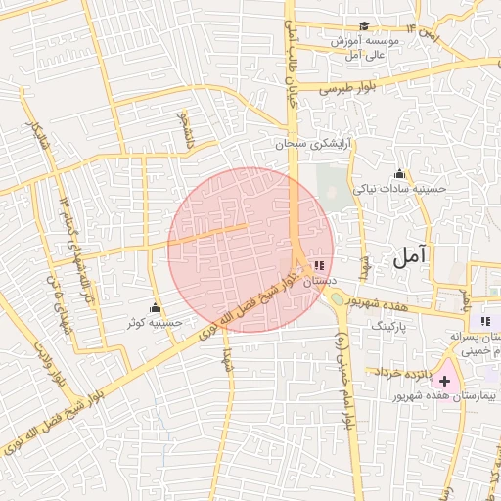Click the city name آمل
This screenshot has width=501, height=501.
point(412,258)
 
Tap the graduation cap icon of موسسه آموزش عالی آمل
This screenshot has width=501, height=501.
point(365,26)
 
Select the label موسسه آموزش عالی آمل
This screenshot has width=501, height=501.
point(362,48)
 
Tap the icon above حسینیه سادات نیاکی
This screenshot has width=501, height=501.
point(399,173)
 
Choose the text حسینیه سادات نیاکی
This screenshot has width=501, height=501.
point(399,188)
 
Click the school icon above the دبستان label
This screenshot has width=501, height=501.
point(320,265)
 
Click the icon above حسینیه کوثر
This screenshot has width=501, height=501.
point(155,306)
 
